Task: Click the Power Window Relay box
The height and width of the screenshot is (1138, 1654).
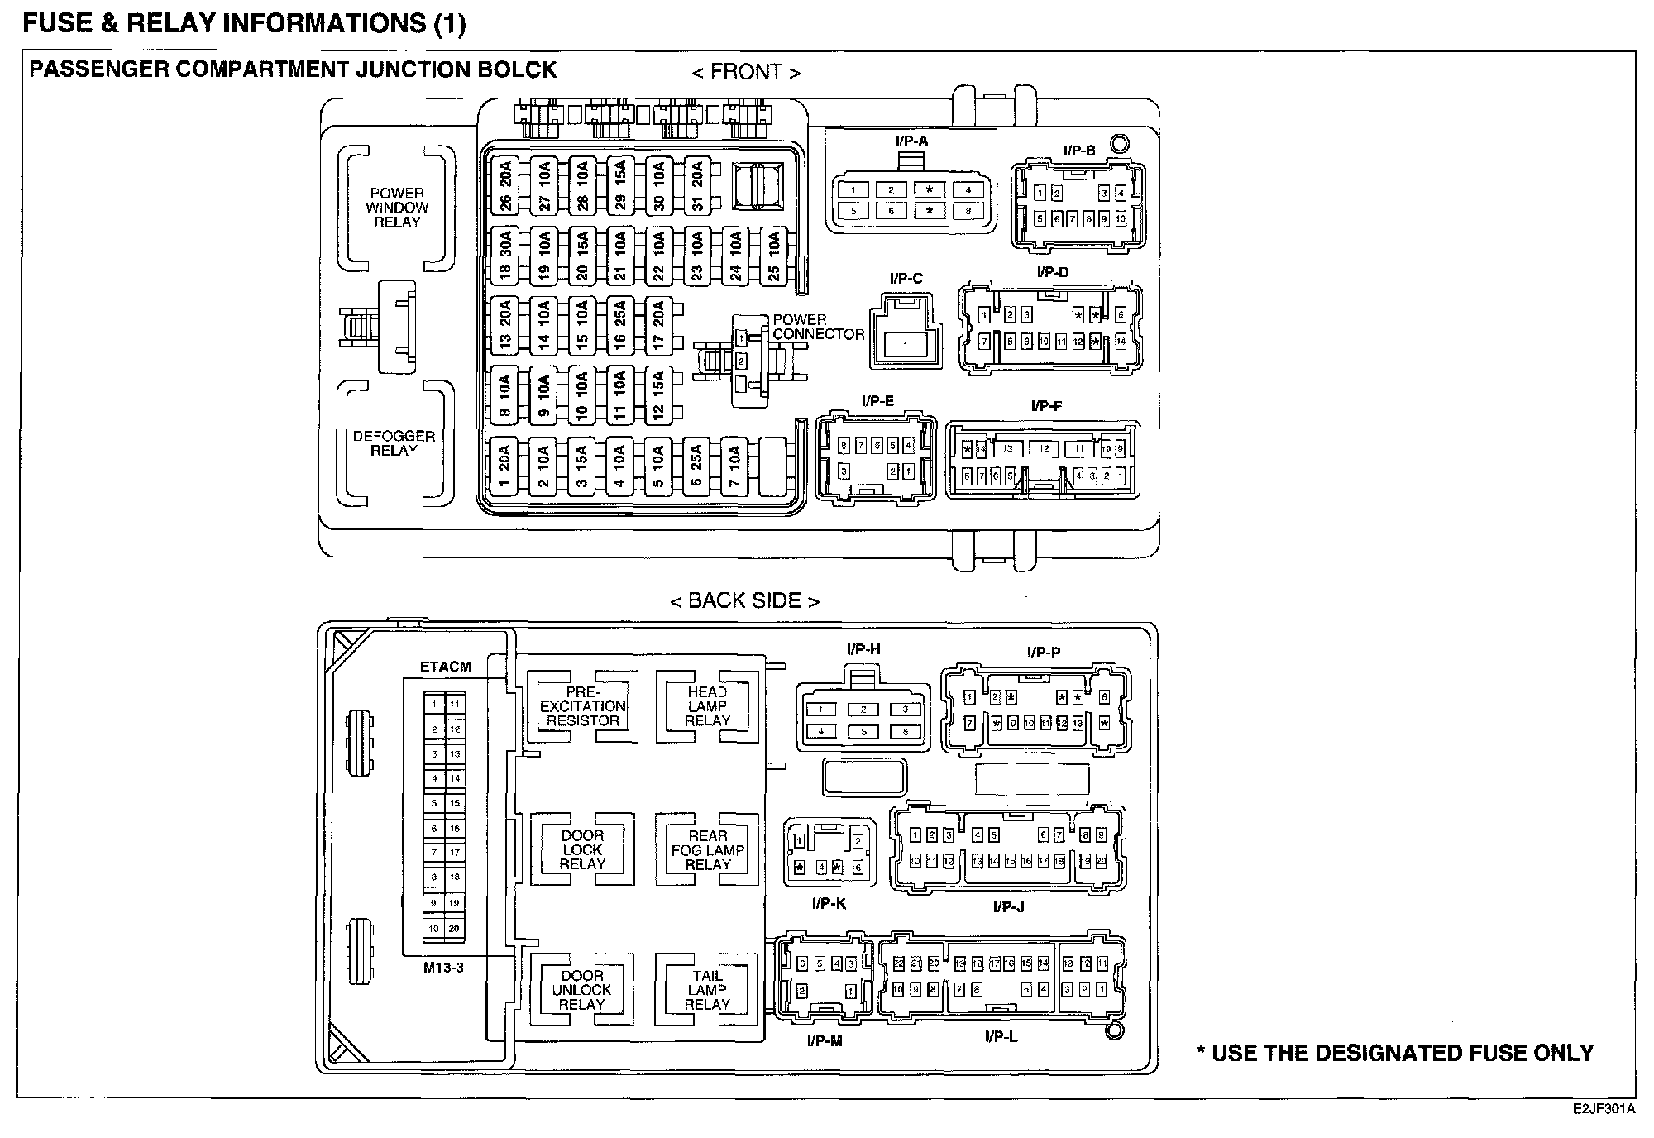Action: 397,208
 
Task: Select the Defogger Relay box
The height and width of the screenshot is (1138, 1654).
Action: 394,443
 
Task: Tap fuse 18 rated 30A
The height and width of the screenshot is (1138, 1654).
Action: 505,256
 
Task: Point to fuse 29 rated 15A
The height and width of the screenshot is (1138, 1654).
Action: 619,186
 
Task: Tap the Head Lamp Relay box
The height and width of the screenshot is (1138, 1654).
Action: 707,706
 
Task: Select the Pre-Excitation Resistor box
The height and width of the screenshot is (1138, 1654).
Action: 583,706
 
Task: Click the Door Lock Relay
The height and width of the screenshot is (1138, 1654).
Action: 582,850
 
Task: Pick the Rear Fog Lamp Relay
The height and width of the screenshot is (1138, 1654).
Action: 707,850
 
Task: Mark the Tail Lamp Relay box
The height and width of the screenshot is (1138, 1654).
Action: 707,990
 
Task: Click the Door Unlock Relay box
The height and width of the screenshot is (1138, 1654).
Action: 582,990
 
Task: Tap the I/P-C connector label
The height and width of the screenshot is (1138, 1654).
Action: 906,279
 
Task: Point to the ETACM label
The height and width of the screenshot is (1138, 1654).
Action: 446,667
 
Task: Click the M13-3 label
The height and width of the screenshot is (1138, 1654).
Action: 444,968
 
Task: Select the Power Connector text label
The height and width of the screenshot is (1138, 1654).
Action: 818,328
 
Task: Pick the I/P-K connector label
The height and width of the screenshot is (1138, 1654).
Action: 829,904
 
